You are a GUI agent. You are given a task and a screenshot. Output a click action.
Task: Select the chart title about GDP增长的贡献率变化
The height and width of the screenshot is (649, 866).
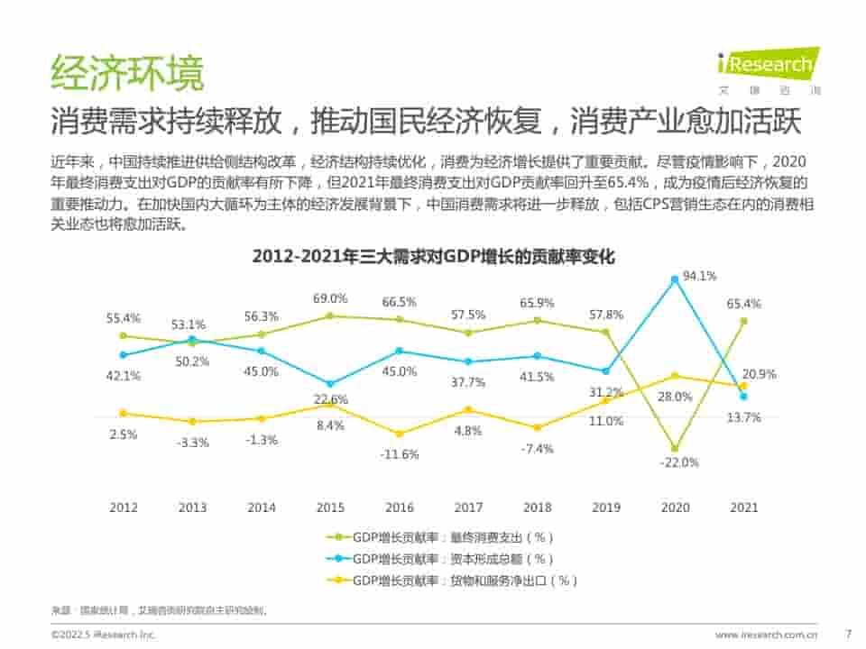(x=433, y=257)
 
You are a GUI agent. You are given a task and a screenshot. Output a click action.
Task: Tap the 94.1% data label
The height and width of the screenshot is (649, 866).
(x=699, y=276)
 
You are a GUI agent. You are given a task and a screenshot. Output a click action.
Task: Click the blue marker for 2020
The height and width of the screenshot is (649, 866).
(x=674, y=279)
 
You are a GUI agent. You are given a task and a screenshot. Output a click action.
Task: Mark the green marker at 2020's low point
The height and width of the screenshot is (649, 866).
(x=674, y=448)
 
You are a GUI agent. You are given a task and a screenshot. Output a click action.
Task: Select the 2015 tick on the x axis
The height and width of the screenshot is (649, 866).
(x=330, y=507)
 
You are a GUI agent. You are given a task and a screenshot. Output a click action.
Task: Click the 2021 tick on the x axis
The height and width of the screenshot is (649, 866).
(x=743, y=507)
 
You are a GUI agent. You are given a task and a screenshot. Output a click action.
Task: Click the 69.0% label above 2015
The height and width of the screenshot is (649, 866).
(x=330, y=298)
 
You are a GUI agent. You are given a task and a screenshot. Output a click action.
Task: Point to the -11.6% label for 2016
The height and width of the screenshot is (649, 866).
(x=400, y=453)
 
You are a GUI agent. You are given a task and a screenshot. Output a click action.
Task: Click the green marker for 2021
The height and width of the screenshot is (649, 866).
(x=743, y=320)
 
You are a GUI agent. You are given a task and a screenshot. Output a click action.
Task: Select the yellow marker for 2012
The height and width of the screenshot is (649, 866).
(x=124, y=414)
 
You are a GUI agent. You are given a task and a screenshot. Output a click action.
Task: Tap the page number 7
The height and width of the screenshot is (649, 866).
(x=847, y=634)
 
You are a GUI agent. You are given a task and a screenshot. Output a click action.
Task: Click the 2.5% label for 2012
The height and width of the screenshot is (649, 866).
(x=123, y=434)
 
